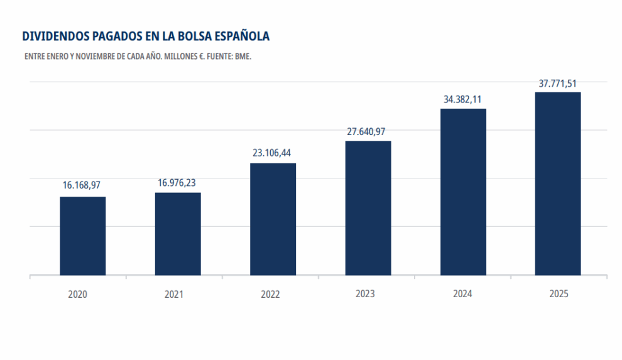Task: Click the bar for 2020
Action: click(x=82, y=236)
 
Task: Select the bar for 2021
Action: click(x=178, y=234)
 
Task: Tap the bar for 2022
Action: click(x=273, y=219)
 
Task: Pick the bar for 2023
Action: click(x=368, y=208)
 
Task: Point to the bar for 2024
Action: click(x=463, y=192)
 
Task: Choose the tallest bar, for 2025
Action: click(x=558, y=183)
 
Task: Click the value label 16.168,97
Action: click(x=82, y=185)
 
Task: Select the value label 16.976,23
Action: click(x=178, y=182)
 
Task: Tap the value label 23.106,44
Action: click(x=273, y=153)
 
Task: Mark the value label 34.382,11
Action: click(x=462, y=99)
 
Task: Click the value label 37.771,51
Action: click(x=558, y=83)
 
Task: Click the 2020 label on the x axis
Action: click(x=78, y=294)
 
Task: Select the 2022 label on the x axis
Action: click(x=270, y=294)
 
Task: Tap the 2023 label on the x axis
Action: click(x=365, y=294)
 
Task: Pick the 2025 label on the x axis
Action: click(x=557, y=293)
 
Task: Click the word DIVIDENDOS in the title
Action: click(x=55, y=36)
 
